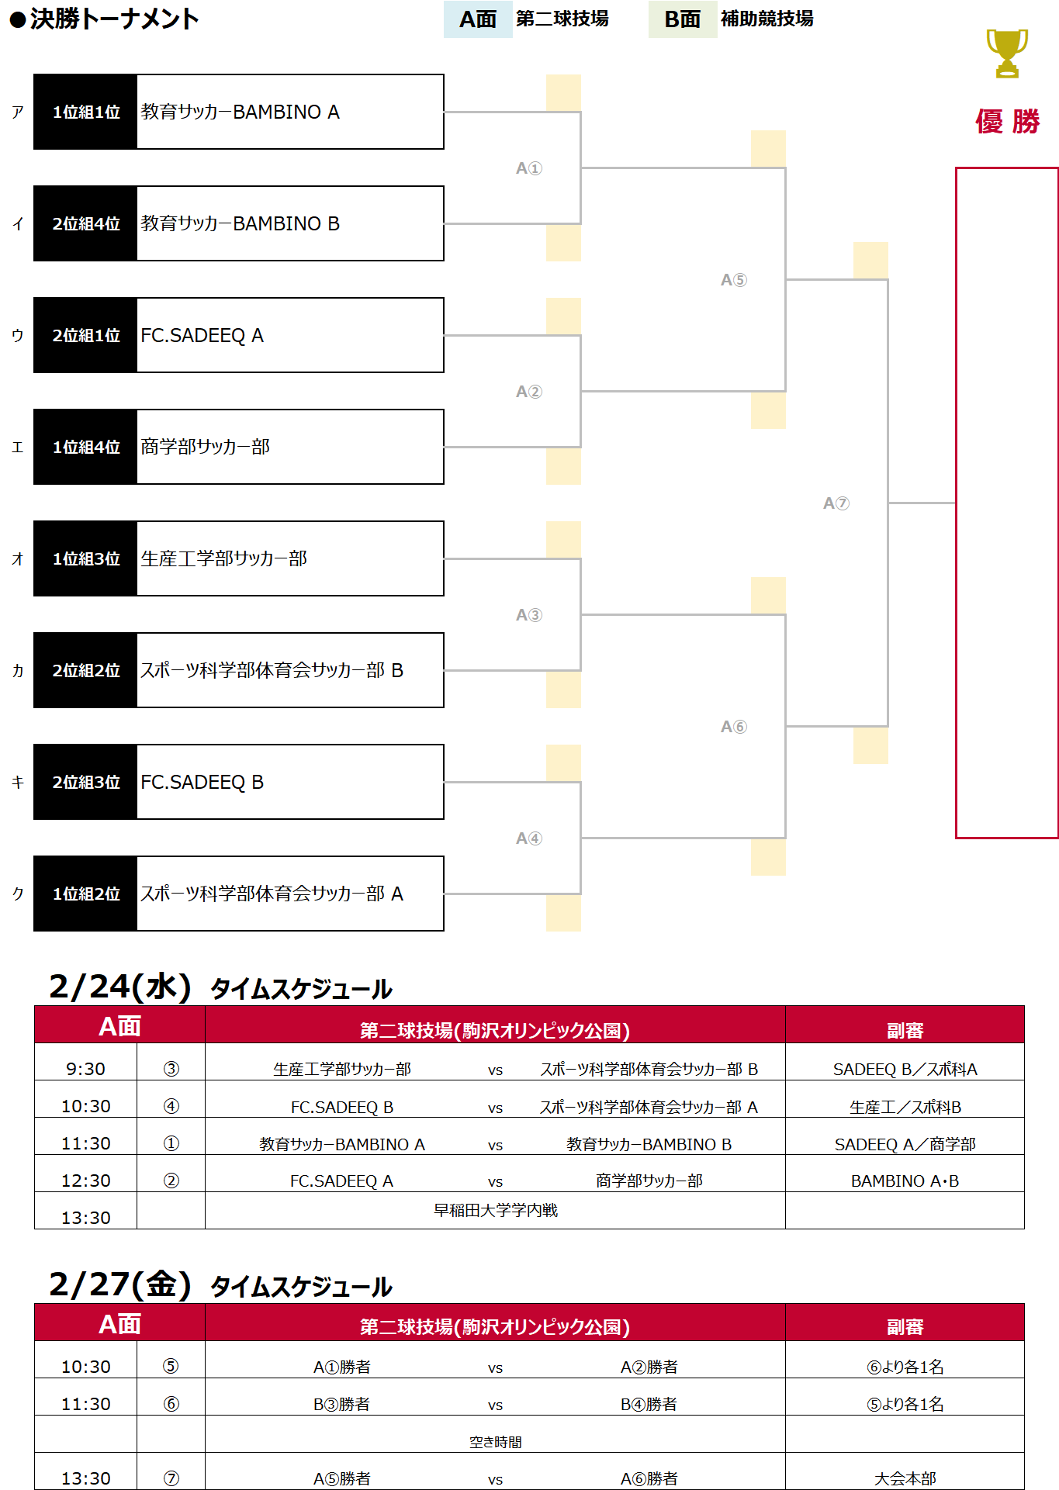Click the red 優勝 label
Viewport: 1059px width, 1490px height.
pos(1007,122)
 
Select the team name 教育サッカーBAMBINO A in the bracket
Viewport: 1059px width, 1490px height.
pos(240,112)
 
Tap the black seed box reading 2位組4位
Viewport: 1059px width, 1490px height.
pos(85,223)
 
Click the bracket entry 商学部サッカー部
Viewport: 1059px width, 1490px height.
pos(206,447)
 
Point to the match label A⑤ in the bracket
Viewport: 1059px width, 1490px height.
pos(733,280)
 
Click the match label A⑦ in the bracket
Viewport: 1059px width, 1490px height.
pos(836,503)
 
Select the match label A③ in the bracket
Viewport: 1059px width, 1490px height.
pos(528,615)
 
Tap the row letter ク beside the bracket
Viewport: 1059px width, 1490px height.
pos(18,894)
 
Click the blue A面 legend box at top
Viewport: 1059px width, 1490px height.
pos(477,19)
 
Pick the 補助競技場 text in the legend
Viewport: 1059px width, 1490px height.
pos(767,19)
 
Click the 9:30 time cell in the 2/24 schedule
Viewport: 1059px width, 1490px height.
pos(85,1069)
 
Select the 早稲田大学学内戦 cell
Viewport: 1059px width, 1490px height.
pos(495,1210)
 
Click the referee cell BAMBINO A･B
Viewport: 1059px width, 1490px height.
pos(905,1181)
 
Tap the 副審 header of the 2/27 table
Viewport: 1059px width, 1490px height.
pos(905,1326)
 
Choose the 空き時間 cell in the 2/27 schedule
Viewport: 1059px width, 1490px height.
pos(495,1441)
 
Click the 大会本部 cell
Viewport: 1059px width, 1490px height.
pos(905,1478)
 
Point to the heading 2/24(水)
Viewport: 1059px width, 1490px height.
pos(120,987)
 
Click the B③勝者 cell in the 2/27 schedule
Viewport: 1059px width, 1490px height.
pos(341,1404)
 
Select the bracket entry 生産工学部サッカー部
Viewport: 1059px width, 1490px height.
pos(223,558)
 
